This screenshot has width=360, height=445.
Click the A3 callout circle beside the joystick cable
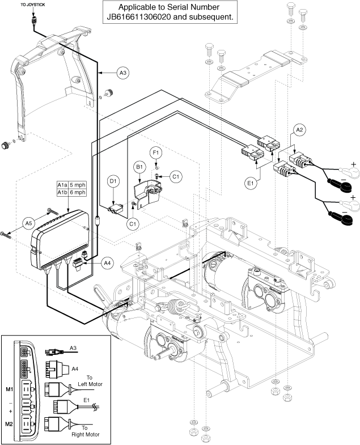(122, 73)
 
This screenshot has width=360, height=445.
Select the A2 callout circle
(299, 130)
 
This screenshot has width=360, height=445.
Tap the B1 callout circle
(139, 167)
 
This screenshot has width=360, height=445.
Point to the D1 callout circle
(113, 181)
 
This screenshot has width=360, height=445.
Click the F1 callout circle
(155, 152)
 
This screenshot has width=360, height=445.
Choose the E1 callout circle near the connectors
(250, 183)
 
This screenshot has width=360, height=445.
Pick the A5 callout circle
(29, 223)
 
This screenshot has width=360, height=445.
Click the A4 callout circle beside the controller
(107, 263)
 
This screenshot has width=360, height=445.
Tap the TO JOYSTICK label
(33, 5)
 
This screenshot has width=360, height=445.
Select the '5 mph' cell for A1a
(78, 185)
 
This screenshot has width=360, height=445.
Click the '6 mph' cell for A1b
(78, 192)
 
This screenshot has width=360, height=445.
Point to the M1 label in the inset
(10, 389)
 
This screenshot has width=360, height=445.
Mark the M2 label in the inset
(10, 424)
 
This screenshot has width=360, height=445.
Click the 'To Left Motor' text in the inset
(90, 381)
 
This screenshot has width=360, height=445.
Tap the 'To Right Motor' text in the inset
(86, 431)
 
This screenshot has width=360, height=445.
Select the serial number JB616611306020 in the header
(139, 17)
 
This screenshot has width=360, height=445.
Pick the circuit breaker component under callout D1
(115, 209)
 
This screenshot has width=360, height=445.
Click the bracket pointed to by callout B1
(147, 194)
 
